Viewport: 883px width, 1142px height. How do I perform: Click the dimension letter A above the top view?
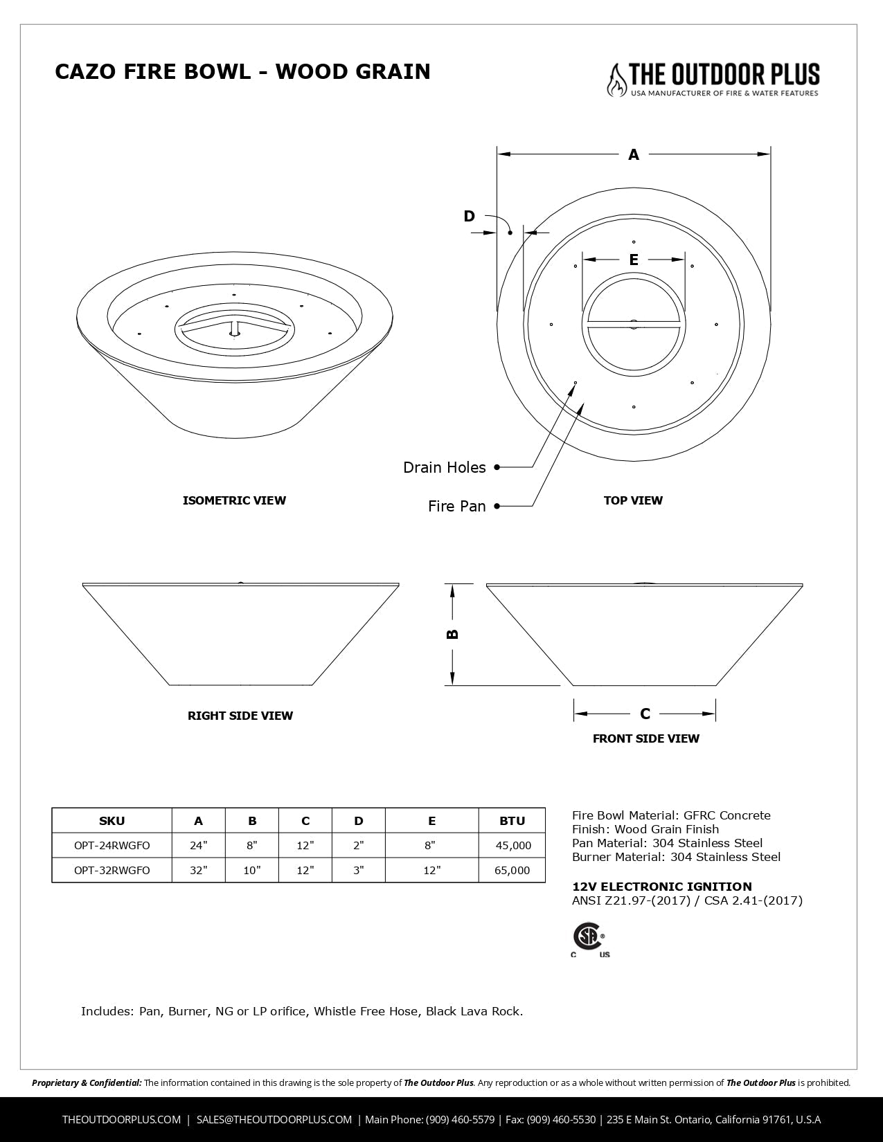633,155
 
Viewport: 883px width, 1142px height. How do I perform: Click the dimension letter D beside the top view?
469,217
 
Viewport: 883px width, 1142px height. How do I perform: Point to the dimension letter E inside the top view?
633,260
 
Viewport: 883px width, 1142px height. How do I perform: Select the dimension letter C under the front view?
645,714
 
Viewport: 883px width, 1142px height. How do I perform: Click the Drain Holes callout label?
444,468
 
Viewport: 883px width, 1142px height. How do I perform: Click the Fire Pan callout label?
456,507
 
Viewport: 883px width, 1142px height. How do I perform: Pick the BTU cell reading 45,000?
512,845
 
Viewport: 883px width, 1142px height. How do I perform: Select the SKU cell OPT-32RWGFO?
112,870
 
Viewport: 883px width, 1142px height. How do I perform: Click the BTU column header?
512,821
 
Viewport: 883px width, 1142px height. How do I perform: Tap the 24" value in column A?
199,845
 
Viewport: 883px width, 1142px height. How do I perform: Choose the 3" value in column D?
358,870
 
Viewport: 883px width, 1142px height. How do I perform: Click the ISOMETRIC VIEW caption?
234,500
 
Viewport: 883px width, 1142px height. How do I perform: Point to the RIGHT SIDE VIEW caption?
240,716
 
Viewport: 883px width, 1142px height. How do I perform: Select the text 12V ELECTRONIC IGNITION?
661,887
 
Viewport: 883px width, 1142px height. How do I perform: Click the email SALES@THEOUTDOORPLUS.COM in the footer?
274,1119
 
